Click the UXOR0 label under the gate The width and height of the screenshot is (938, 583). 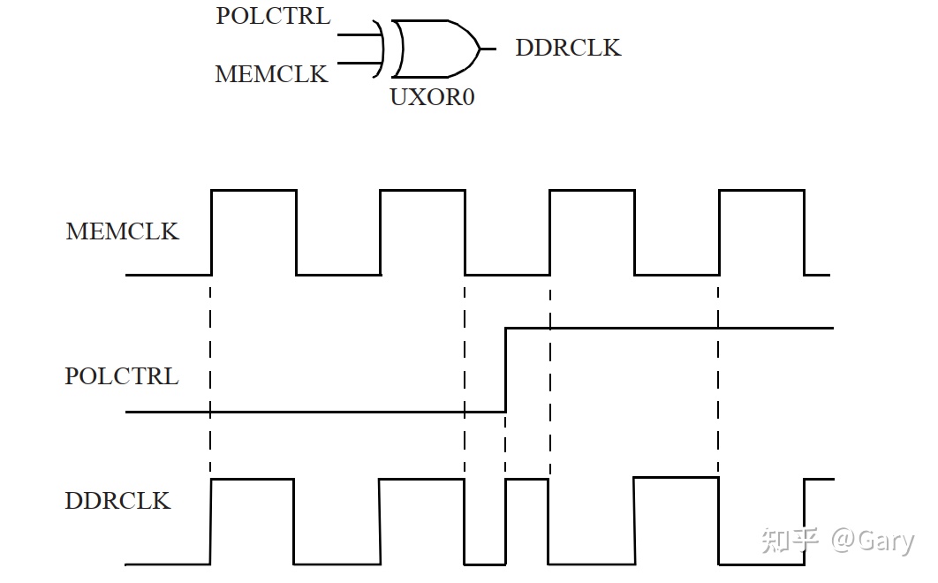pyautogui.click(x=432, y=97)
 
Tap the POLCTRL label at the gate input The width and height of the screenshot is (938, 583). pyautogui.click(x=273, y=17)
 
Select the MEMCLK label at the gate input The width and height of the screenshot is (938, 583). pyautogui.click(x=271, y=74)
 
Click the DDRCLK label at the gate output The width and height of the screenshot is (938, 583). pyautogui.click(x=568, y=48)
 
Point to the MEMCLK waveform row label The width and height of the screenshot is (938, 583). pyautogui.click(x=122, y=231)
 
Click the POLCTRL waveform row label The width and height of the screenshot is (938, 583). pyautogui.click(x=121, y=376)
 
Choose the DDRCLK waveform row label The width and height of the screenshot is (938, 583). pyautogui.click(x=117, y=501)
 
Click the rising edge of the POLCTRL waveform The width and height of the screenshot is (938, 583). pyautogui.click(x=505, y=369)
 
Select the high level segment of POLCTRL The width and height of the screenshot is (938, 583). pyautogui.click(x=671, y=328)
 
